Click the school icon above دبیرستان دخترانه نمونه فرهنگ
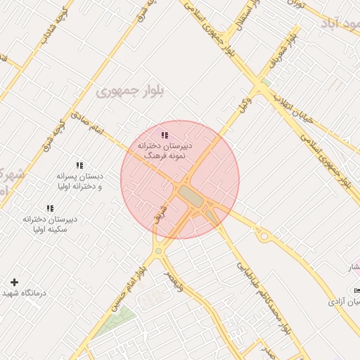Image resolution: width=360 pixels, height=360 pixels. [x=165, y=134]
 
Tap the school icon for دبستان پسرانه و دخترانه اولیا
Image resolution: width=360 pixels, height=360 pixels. [x=79, y=165]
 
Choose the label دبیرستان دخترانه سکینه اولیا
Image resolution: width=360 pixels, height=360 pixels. [x=50, y=224]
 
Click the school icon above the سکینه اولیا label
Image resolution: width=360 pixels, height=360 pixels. [x=50, y=208]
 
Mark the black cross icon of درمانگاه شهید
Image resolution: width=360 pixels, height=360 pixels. [x=14, y=282]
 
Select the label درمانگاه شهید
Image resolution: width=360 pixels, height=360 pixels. [x=24, y=292]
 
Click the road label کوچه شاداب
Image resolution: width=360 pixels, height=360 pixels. [x=53, y=26]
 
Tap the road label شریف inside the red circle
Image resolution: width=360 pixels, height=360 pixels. [x=161, y=211]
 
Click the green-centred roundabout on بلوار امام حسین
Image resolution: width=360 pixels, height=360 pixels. [x=159, y=251]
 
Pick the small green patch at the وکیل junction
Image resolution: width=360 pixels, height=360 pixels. [x=266, y=83]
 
